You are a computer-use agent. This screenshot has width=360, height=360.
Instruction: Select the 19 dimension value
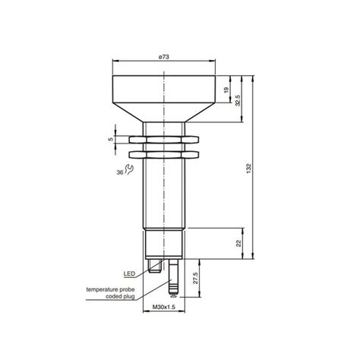coord(228,90)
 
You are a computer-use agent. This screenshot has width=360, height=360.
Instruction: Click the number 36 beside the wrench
coord(118,172)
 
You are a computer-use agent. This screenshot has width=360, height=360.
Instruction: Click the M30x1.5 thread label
coord(164,307)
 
